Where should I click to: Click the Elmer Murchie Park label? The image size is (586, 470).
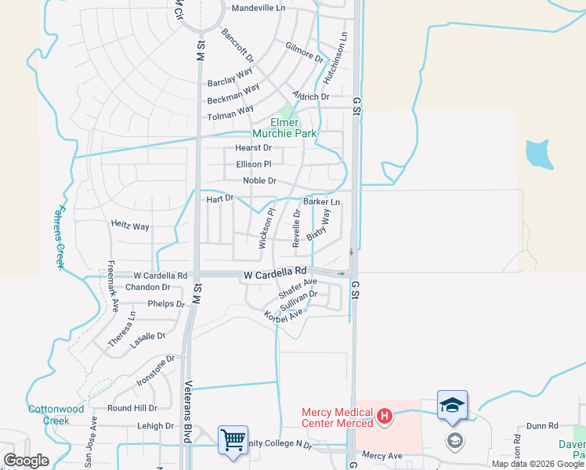[294, 128]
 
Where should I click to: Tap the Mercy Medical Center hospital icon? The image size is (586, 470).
[385, 417]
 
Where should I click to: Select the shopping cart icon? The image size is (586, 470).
[233, 439]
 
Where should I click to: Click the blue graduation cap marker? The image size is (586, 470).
[452, 404]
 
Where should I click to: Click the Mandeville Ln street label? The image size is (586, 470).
[259, 9]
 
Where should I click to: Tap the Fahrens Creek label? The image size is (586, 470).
[60, 234]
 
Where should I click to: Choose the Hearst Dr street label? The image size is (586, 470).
[253, 147]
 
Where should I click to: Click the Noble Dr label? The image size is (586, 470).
[259, 181]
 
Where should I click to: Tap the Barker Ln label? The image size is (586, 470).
[327, 202]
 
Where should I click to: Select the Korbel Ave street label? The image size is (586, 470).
[284, 315]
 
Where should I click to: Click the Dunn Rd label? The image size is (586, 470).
[541, 426]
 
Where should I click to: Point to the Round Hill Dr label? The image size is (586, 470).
[132, 408]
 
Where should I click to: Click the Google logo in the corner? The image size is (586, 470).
[26, 460]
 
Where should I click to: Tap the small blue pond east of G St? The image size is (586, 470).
[539, 154]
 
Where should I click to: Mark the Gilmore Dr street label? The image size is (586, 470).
[305, 52]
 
